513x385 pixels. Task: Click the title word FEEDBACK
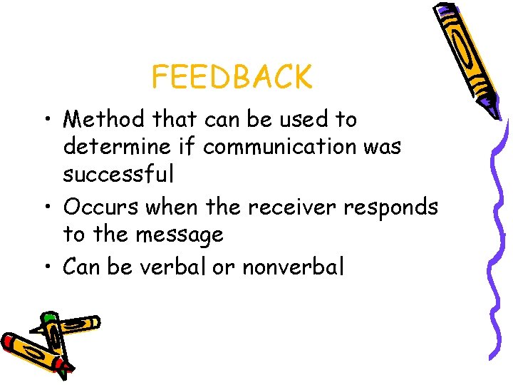(232, 77)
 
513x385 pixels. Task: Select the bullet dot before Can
(47, 267)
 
